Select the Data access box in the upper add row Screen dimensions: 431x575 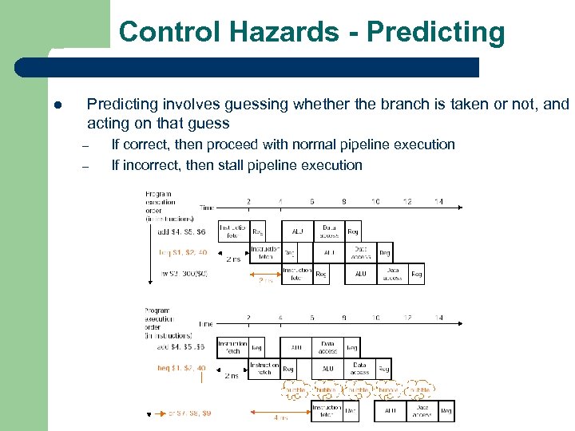[x=328, y=231]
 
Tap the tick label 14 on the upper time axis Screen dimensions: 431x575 [x=438, y=202]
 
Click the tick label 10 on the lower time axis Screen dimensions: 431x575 [x=375, y=318]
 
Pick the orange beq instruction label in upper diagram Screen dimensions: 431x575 [x=183, y=252]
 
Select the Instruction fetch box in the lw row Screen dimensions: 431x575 [x=295, y=274]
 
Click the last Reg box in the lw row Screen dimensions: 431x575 [x=416, y=274]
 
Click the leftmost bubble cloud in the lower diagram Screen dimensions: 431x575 [x=296, y=390]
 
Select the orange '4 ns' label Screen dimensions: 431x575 [x=280, y=417]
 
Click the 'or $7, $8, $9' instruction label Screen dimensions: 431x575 [x=184, y=413]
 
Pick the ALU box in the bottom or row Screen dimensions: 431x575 [x=391, y=411]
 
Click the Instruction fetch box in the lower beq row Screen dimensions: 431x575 [x=264, y=369]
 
